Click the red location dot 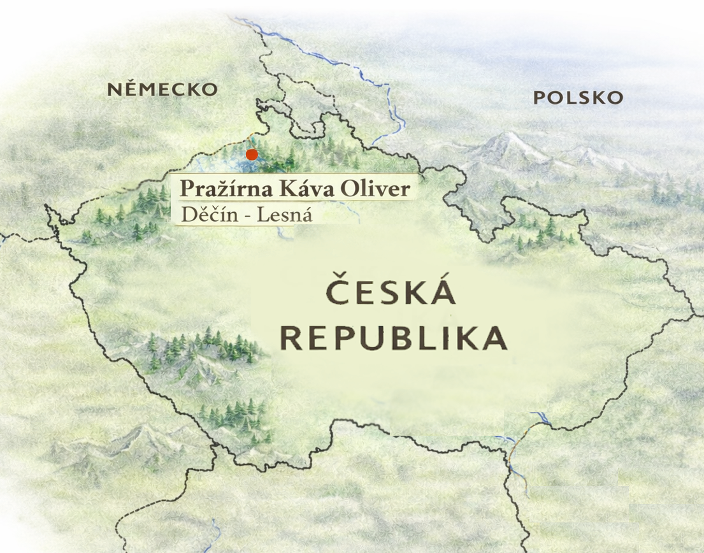(252, 154)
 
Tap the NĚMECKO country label (162, 89)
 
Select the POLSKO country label (577, 97)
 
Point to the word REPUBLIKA (394, 338)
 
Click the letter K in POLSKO (596, 97)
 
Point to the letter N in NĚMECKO (114, 89)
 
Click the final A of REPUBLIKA (494, 338)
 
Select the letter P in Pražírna (186, 189)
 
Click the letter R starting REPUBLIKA (294, 338)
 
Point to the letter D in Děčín (188, 215)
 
